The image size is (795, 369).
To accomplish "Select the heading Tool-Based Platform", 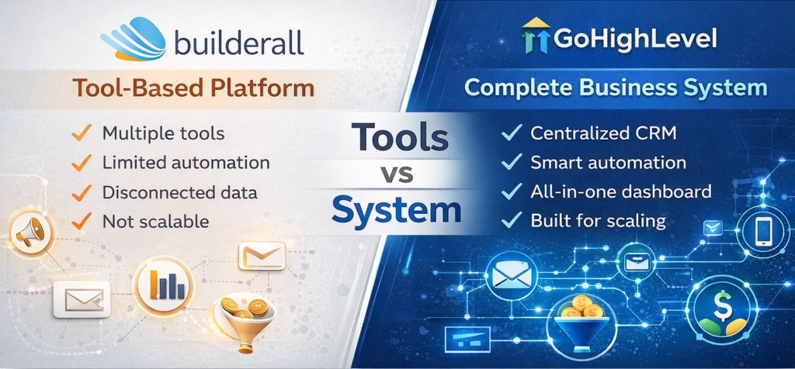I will tap(194, 88).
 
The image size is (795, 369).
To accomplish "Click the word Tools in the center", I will tap(400, 137).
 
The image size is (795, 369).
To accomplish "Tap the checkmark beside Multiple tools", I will tap(81, 133).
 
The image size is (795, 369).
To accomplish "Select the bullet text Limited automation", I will tap(186, 162).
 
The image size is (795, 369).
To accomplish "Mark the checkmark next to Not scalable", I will tap(81, 221).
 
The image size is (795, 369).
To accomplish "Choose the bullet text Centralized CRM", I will tap(603, 133).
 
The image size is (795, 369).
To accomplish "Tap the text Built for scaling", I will tap(598, 220).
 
